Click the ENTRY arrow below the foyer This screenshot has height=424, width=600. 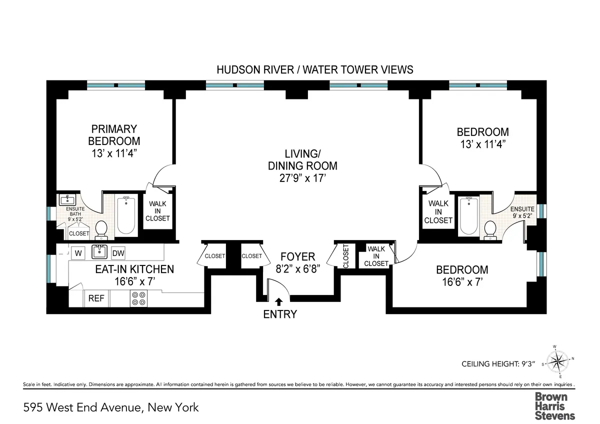click(x=278, y=301)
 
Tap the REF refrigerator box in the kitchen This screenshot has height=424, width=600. click(x=96, y=298)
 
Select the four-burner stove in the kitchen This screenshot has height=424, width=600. click(x=138, y=298)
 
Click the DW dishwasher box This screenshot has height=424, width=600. click(x=118, y=253)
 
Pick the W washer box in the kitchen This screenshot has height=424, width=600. click(x=78, y=253)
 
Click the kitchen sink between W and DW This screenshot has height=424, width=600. click(x=100, y=252)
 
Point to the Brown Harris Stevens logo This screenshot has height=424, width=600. click(x=554, y=405)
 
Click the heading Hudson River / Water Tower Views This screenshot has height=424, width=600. click(x=314, y=69)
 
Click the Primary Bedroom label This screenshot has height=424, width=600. click(x=114, y=135)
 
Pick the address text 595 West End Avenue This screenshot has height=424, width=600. click(x=111, y=407)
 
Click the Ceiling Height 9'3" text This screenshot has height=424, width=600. click(x=501, y=364)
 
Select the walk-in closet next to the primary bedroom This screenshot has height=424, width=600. click(x=157, y=211)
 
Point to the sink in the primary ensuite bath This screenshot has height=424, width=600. click(x=66, y=200)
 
